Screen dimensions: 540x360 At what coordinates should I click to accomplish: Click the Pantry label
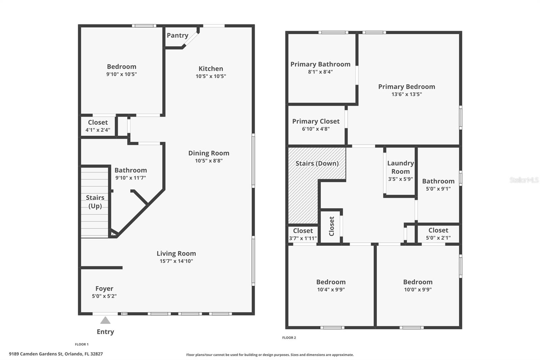pyautogui.click(x=178, y=35)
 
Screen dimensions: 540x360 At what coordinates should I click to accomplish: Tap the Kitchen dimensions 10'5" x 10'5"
pyautogui.click(x=211, y=76)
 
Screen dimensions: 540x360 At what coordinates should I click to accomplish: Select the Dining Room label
pyautogui.click(x=209, y=153)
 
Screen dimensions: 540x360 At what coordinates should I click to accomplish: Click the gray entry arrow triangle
pyautogui.click(x=105, y=320)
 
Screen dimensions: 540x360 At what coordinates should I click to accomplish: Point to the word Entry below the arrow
pyautogui.click(x=105, y=332)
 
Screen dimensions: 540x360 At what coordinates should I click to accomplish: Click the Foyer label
pyautogui.click(x=104, y=289)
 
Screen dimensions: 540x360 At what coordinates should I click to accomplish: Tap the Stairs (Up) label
pyautogui.click(x=95, y=202)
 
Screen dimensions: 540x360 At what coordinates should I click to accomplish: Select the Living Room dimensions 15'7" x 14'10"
pyautogui.click(x=176, y=261)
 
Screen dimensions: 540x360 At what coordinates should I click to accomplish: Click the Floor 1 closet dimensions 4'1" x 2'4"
pyautogui.click(x=98, y=130)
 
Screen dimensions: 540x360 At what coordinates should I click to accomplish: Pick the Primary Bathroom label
pyautogui.click(x=320, y=64)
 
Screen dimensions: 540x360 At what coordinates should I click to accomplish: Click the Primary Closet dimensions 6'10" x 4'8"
pyautogui.click(x=316, y=129)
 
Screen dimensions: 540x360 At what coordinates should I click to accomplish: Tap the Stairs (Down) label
pyautogui.click(x=317, y=163)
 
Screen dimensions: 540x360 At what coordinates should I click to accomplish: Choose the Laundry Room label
pyautogui.click(x=400, y=168)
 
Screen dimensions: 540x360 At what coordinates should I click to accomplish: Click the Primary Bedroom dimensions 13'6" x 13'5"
pyautogui.click(x=406, y=94)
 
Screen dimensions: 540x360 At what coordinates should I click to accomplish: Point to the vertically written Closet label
pyautogui.click(x=331, y=226)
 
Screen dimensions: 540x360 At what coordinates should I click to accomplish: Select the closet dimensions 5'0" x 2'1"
pyautogui.click(x=438, y=238)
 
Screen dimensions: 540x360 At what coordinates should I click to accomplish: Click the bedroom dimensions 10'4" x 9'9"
pyautogui.click(x=331, y=289)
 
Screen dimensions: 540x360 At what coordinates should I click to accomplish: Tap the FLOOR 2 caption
pyautogui.click(x=289, y=338)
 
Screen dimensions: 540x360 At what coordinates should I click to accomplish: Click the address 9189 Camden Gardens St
pyautogui.click(x=36, y=354)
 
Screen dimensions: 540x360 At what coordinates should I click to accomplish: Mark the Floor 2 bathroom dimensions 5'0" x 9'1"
pyautogui.click(x=438, y=189)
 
